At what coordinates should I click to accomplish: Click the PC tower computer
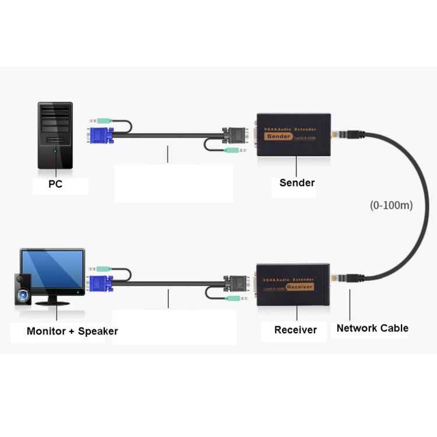pyautogui.click(x=56, y=135)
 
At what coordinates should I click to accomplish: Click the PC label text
pyautogui.click(x=56, y=185)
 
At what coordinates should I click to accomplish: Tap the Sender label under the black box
pyautogui.click(x=297, y=182)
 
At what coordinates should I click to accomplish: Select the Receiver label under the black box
pyautogui.click(x=295, y=330)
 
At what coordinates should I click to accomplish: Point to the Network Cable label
pyautogui.click(x=372, y=328)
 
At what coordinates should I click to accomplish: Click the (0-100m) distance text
pyautogui.click(x=392, y=205)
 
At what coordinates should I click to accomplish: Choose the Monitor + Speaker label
pyautogui.click(x=72, y=331)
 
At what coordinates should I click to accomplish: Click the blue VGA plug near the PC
pyautogui.click(x=100, y=136)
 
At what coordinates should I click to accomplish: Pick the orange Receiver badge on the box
pyautogui.click(x=299, y=287)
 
